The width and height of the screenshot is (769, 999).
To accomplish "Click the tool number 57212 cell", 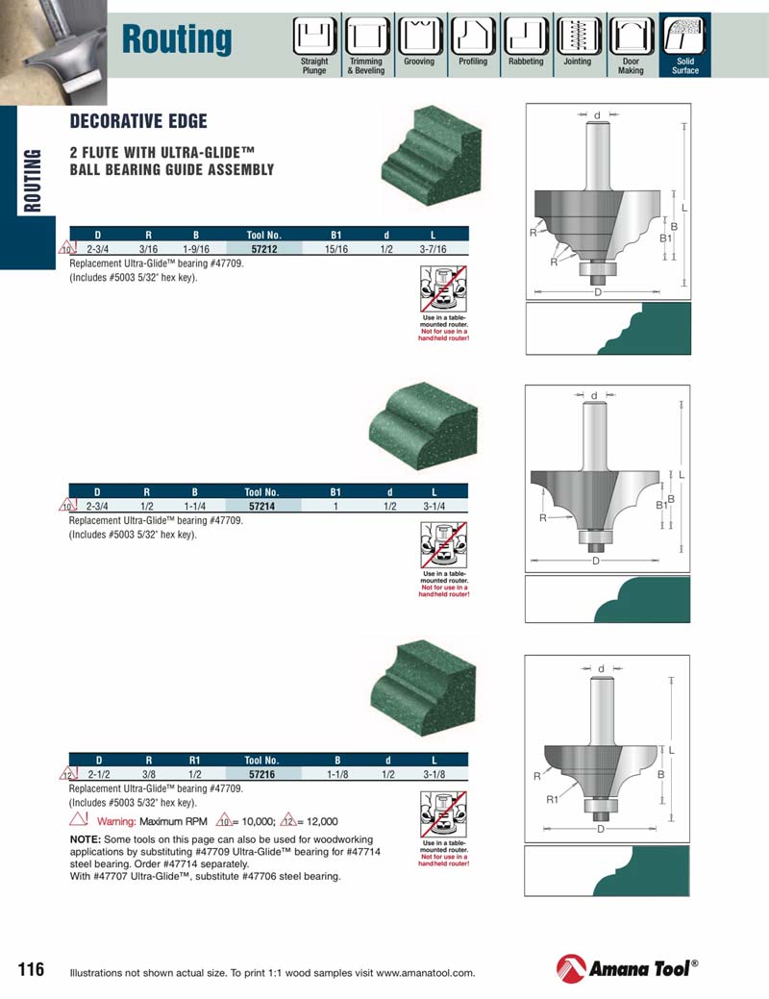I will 261,247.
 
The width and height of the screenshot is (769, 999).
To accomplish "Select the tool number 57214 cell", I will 261,505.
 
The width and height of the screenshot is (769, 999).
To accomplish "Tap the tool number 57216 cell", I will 261,773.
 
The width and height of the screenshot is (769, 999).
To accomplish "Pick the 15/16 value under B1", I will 336,247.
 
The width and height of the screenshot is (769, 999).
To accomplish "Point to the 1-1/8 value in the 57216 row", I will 336,773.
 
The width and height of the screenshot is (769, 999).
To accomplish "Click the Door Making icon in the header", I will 631,38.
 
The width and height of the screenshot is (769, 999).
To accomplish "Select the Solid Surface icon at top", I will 684,38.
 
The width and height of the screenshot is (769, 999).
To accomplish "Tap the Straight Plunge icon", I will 314,38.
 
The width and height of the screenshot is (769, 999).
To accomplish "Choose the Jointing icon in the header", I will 578,38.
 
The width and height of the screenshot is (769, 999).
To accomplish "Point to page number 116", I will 31,969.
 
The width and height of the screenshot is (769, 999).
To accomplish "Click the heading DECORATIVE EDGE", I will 138,122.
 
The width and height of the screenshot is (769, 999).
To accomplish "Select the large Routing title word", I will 177,39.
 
